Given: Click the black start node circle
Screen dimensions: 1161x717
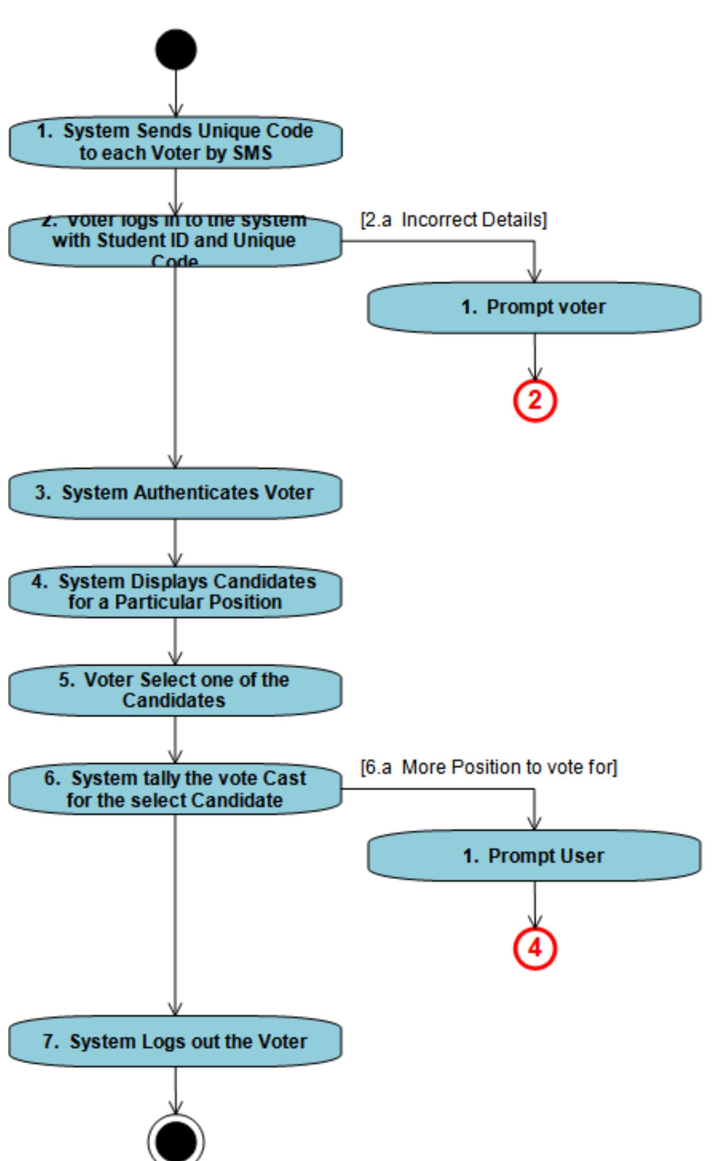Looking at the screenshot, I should click(176, 50).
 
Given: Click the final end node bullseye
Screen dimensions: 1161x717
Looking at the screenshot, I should click(176, 1141).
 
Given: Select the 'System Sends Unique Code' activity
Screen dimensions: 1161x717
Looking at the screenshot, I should click(175, 142).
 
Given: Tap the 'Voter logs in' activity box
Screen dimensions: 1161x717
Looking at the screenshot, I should click(175, 240).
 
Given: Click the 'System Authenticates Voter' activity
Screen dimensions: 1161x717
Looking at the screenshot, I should click(175, 493).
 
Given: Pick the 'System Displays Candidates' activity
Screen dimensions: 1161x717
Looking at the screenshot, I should click(175, 591).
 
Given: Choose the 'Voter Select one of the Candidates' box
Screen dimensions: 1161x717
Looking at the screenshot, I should click(175, 690).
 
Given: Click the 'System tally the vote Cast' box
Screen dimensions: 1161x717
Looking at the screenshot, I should click(175, 789).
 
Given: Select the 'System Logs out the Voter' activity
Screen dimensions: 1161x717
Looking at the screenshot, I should click(175, 1041).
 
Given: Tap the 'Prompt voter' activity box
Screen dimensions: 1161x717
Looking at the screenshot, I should click(534, 307).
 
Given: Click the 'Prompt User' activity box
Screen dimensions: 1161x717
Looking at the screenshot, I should click(534, 856).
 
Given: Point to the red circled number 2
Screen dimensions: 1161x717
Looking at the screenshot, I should click(535, 401).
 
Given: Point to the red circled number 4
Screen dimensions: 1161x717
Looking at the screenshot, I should click(535, 948).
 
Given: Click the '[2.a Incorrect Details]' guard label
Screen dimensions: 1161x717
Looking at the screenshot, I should click(454, 220).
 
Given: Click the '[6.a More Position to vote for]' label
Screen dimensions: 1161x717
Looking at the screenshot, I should click(489, 767).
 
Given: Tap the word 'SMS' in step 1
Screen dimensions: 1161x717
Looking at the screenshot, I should click(252, 153).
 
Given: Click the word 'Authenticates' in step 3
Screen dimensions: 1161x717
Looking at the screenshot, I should click(195, 493).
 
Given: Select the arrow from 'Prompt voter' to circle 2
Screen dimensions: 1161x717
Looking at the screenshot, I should click(534, 357).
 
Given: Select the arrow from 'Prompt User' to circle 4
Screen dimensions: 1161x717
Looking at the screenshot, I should click(534, 905).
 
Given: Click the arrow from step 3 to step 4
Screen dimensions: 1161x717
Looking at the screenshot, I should click(175, 542).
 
